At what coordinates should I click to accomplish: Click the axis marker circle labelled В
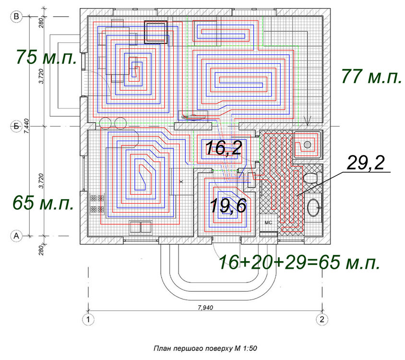click(x=16, y=16)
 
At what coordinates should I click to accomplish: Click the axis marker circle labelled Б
click(x=16, y=126)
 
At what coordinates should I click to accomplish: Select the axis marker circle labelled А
click(x=16, y=236)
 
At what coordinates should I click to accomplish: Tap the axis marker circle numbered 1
click(x=88, y=319)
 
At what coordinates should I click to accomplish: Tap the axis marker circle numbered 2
click(x=322, y=319)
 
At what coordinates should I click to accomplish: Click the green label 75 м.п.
click(x=47, y=57)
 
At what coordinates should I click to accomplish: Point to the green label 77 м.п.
click(x=372, y=76)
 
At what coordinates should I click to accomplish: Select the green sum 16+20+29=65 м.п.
click(x=299, y=262)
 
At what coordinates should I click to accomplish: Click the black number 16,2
click(x=224, y=148)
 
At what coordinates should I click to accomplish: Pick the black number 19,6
click(x=228, y=206)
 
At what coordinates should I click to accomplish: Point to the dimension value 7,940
click(x=205, y=308)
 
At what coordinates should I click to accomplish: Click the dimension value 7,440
click(x=26, y=126)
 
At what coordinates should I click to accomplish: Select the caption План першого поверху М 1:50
click(x=205, y=348)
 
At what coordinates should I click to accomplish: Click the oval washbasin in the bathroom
click(x=313, y=207)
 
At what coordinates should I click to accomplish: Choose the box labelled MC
click(x=268, y=223)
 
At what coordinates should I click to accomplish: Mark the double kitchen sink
click(x=141, y=227)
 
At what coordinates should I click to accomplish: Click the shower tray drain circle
click(x=307, y=145)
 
